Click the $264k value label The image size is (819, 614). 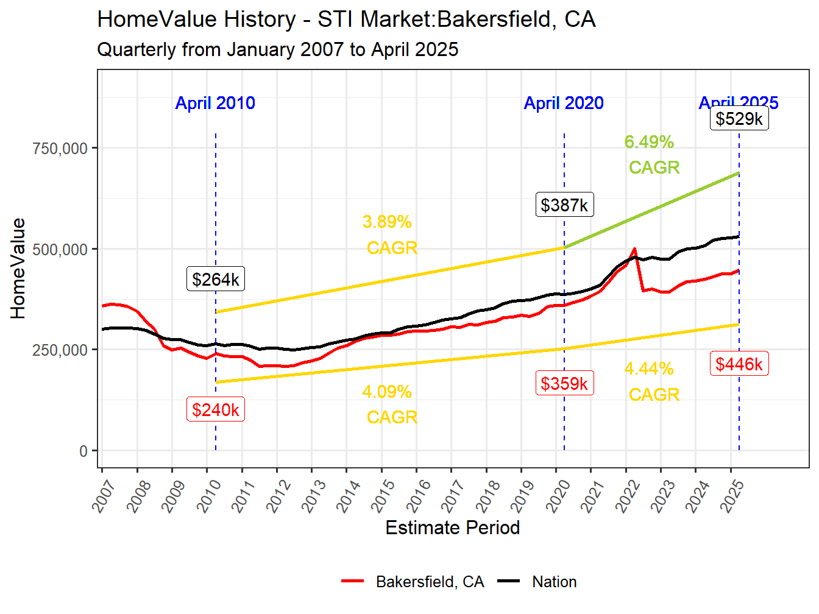[x=215, y=279]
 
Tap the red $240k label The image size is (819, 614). [x=215, y=410]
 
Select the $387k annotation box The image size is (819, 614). [x=564, y=205]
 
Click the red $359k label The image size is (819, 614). [x=564, y=383]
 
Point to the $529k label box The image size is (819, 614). [x=739, y=118]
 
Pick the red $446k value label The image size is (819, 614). [x=739, y=364]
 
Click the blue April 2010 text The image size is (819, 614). [x=215, y=103]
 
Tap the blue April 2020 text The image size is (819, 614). [x=564, y=103]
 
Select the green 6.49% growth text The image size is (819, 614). [x=649, y=142]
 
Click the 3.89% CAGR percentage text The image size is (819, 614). [x=387, y=222]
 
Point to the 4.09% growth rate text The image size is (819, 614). [x=387, y=392]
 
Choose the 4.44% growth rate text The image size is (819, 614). [x=649, y=369]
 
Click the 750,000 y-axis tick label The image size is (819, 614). [x=60, y=148]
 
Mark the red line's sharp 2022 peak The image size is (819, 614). [x=635, y=249]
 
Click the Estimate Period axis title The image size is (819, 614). [x=452, y=528]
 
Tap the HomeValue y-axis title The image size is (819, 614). [x=18, y=268]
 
